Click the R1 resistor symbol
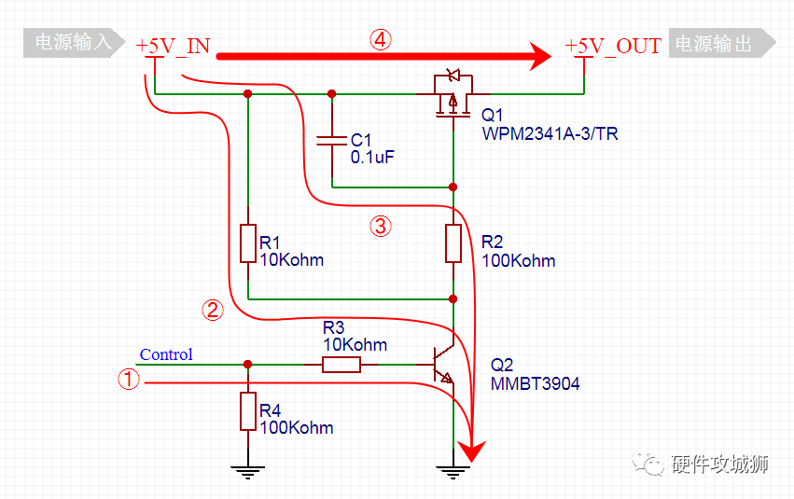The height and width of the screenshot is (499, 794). tap(247, 243)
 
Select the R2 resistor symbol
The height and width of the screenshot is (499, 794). tap(453, 243)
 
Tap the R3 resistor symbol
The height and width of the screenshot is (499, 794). tap(341, 365)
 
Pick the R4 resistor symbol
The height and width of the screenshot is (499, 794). tap(247, 411)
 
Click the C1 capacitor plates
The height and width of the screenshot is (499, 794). tap(331, 140)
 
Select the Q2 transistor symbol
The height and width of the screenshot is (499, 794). tap(442, 365)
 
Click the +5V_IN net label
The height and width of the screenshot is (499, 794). tap(173, 46)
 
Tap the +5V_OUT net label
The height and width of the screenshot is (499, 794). tap(613, 46)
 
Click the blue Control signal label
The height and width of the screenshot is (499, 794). tap(166, 354)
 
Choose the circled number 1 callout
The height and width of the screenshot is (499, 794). tap(129, 379)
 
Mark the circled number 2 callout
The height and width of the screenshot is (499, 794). tap(213, 310)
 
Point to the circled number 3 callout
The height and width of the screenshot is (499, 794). tap(381, 226)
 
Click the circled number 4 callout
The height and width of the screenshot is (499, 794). tap(381, 39)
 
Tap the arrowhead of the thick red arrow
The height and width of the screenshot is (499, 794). tap(540, 56)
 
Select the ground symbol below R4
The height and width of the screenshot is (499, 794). tap(247, 472)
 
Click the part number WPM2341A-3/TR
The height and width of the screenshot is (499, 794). tap(550, 133)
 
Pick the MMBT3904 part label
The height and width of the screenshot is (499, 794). tap(536, 383)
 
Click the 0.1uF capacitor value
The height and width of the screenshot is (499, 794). tap(372, 157)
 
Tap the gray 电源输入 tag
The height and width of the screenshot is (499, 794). tap(74, 43)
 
